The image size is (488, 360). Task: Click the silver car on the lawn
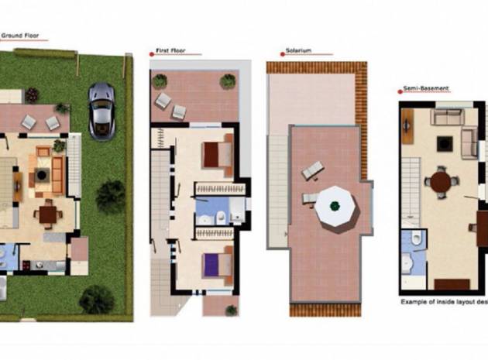101,110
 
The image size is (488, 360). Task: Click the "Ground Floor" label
21,35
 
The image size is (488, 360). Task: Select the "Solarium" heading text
298,50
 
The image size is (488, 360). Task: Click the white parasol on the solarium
335,206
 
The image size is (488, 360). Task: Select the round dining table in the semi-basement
441,183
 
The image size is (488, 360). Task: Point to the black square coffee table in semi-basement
444,143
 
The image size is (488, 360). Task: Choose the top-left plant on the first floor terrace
160,81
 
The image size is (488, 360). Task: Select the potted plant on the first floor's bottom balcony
231,309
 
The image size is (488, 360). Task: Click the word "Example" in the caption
414,301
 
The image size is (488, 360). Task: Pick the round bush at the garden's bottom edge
96,299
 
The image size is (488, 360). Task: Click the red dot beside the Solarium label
280,53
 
